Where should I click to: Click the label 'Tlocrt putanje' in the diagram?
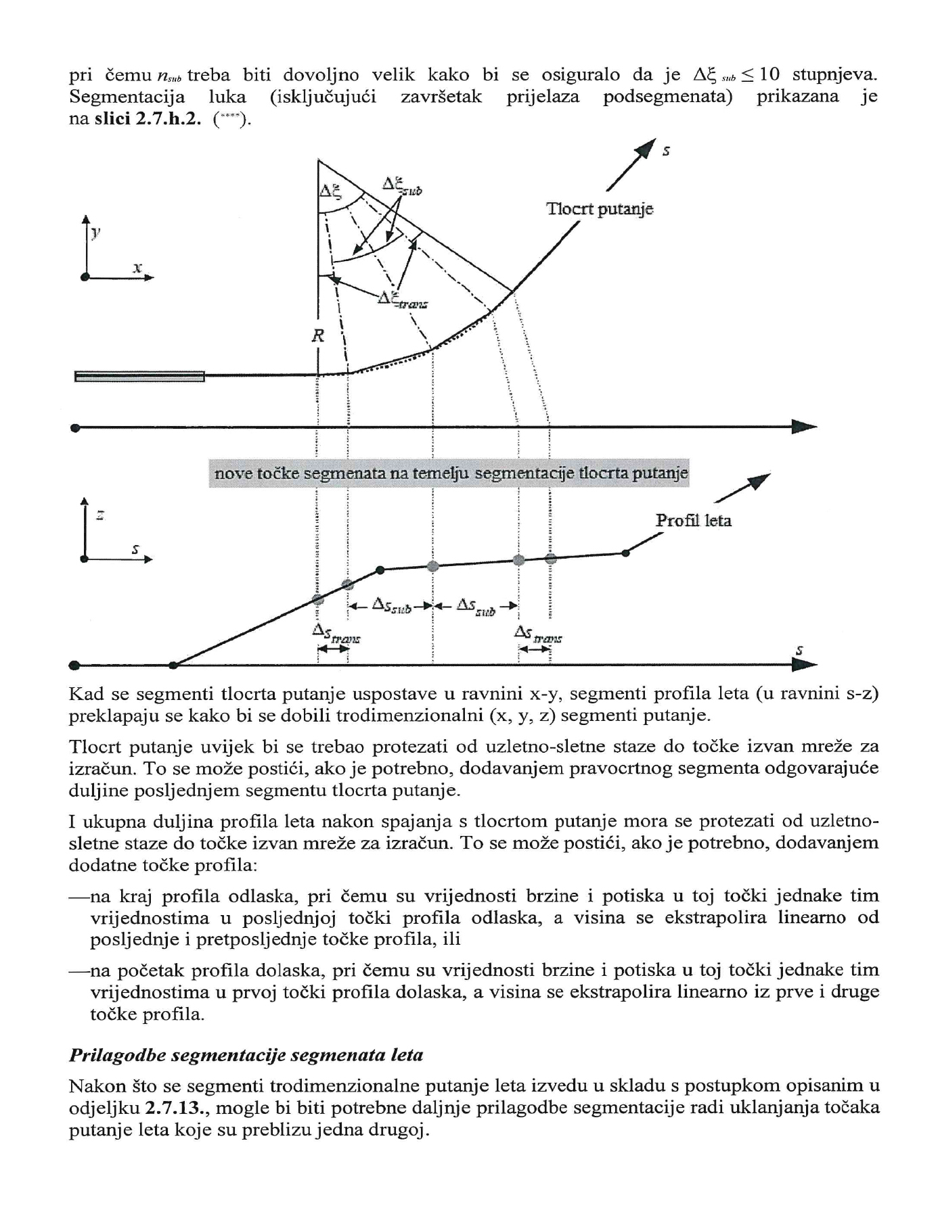pos(600,209)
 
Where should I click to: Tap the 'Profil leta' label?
pos(693,520)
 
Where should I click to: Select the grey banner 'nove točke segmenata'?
pos(451,473)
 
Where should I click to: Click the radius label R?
pos(317,335)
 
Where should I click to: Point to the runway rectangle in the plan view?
pos(139,376)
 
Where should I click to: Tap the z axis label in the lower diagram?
pos(100,515)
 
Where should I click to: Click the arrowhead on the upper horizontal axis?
pos(805,427)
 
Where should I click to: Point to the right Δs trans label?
pos(537,634)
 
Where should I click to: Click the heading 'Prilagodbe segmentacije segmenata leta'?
pos(246,1054)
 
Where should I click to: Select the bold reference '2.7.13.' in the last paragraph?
pos(171,1108)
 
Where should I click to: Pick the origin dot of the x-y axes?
pos(85,277)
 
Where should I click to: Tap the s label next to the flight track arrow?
pos(666,151)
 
